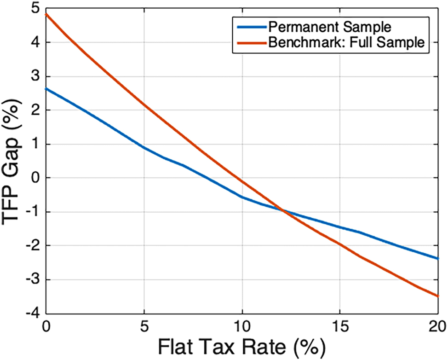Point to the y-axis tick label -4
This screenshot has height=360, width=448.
click(x=33, y=314)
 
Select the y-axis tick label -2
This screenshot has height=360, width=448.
click(x=33, y=246)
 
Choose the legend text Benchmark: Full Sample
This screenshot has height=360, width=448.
click(x=346, y=42)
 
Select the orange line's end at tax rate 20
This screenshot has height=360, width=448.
click(x=437, y=296)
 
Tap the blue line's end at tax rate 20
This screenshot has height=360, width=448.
click(x=437, y=258)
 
